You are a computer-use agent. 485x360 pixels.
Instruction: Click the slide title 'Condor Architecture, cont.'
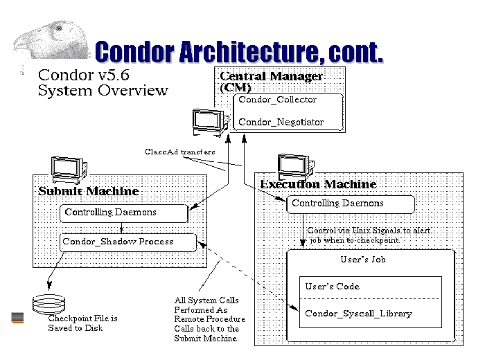point(238,52)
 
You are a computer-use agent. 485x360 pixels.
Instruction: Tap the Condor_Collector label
point(277,100)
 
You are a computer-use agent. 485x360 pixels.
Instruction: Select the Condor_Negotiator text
point(281,122)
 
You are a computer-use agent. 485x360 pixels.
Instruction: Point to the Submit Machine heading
point(88,191)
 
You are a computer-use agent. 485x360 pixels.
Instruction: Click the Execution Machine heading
point(318,184)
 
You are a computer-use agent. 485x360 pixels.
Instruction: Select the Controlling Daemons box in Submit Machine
point(123,213)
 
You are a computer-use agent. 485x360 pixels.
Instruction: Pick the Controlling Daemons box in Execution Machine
point(350,204)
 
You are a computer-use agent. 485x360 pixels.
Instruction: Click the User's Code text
point(333,287)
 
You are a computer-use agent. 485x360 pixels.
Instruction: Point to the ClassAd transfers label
point(180,152)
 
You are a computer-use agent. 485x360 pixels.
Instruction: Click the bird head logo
point(42,38)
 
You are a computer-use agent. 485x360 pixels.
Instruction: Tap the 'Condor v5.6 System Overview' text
point(103,82)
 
